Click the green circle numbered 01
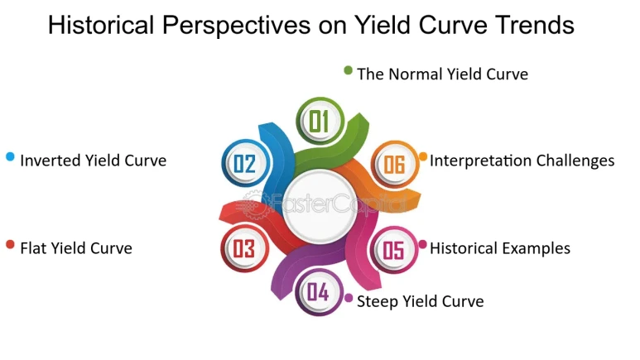click(320, 121)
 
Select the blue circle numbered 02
click(245, 163)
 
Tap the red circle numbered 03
click(244, 248)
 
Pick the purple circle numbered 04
click(319, 292)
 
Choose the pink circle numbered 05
click(394, 250)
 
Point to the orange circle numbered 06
click(395, 164)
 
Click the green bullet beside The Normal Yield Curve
click(349, 70)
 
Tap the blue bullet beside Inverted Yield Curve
click(10, 156)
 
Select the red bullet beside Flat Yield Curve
click(10, 244)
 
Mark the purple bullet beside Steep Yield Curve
click(349, 298)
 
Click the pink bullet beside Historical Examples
click(423, 244)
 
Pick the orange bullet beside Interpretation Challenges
click(423, 156)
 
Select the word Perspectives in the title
click(236, 26)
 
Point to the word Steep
click(378, 302)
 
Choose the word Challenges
click(575, 161)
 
